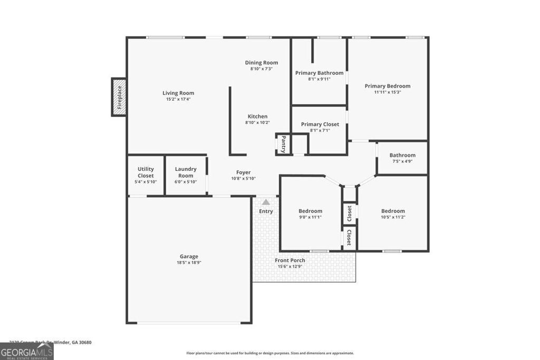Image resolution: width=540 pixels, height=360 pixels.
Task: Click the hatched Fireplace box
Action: (x=119, y=97)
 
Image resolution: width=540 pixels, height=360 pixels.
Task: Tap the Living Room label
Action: (x=178, y=93)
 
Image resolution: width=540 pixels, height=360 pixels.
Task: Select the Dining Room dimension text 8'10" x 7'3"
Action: (x=261, y=69)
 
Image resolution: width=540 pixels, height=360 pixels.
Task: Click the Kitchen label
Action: (x=257, y=116)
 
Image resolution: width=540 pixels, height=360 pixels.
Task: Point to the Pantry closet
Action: (x=283, y=144)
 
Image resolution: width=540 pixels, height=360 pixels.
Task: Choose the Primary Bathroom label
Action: (x=319, y=73)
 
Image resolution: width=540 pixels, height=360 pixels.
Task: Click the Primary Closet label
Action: (x=320, y=124)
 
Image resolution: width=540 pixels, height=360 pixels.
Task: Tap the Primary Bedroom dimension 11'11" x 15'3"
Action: (x=388, y=92)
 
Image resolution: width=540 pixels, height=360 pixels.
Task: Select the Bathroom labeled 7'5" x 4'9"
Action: (x=402, y=158)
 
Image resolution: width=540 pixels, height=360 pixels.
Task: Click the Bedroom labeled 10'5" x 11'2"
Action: (x=393, y=213)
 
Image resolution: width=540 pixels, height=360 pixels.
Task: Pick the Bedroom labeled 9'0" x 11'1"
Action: (x=310, y=213)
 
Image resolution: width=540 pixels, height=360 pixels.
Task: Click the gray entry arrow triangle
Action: (x=266, y=202)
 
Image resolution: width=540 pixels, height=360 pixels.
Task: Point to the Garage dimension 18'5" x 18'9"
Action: (x=189, y=262)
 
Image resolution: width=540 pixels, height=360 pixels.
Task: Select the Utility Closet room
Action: (x=146, y=175)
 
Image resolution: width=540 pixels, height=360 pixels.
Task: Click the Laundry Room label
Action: (x=186, y=172)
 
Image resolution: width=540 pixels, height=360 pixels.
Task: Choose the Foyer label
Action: (x=243, y=172)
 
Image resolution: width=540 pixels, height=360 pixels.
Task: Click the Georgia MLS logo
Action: (x=26, y=351)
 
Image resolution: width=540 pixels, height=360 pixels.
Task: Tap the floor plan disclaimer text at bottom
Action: (x=270, y=353)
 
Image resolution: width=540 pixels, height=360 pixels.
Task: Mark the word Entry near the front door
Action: (x=266, y=212)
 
